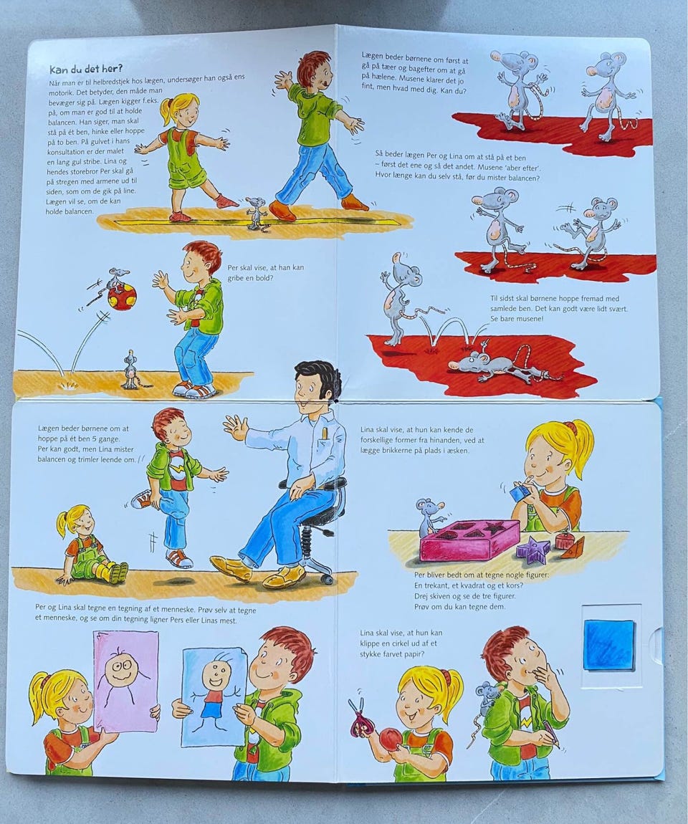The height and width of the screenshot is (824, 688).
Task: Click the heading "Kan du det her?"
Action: [86, 69]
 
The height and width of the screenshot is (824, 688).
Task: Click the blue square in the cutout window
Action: [608, 644]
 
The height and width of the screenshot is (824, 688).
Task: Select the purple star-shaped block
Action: [533, 550]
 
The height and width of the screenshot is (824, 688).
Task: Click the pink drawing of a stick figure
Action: [125, 681]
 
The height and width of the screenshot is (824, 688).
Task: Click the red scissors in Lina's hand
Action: [360, 714]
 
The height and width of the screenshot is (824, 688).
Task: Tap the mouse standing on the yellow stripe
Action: [256, 212]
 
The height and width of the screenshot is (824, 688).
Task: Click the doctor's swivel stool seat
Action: [315, 485]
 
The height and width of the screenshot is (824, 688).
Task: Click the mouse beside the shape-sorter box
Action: [429, 517]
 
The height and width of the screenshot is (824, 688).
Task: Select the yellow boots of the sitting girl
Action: [115, 573]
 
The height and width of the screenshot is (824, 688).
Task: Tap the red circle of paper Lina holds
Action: [391, 738]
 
